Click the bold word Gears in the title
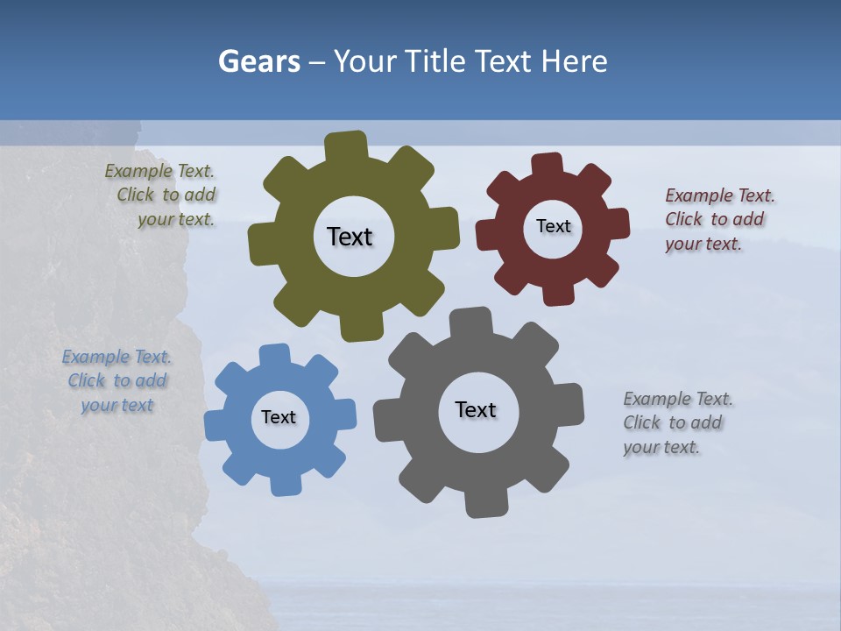[258, 61]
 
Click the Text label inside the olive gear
[350, 237]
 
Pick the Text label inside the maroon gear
[553, 226]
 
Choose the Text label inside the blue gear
[279, 417]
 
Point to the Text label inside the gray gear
[476, 409]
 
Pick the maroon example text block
[719, 219]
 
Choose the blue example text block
[117, 380]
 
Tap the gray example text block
[678, 422]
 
